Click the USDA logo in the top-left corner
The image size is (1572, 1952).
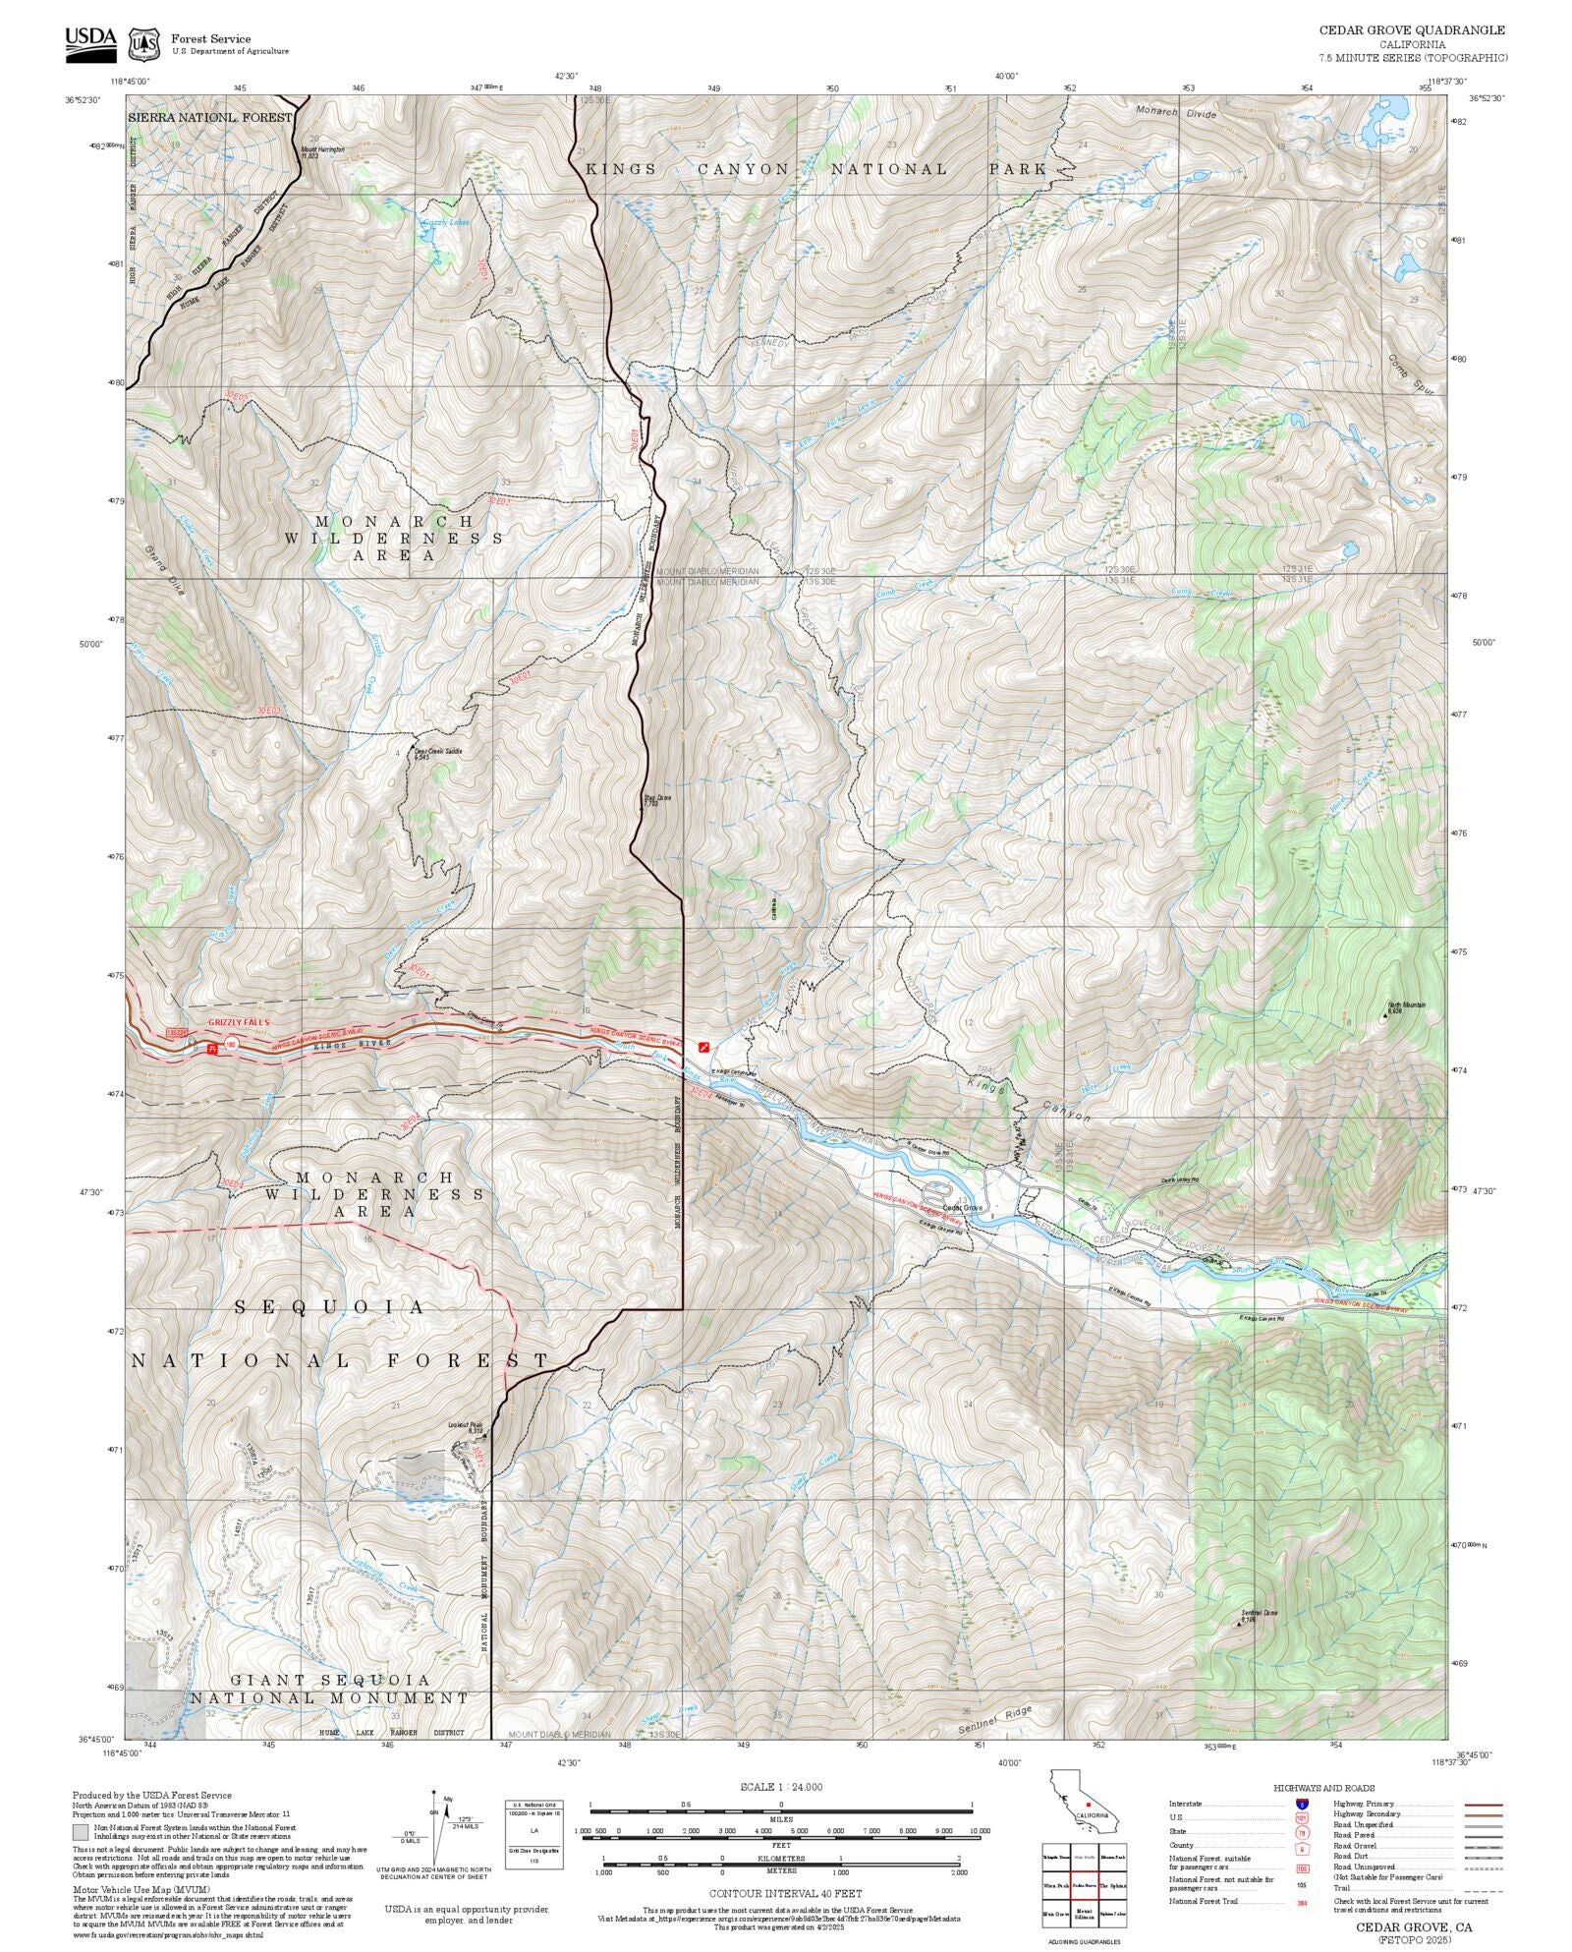tap(90, 44)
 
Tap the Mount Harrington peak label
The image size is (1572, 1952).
tap(323, 152)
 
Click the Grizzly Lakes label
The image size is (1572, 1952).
tap(445, 222)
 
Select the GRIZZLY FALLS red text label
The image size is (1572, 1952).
tap(238, 1022)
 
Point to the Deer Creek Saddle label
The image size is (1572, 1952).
tap(437, 753)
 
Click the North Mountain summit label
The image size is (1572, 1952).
tap(1405, 1005)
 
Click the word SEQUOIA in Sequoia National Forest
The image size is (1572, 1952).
tap(330, 1307)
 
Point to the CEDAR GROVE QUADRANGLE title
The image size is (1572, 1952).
tap(1411, 30)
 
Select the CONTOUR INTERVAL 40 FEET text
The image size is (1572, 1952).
tap(785, 1892)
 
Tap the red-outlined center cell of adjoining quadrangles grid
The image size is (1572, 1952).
tap(1084, 1885)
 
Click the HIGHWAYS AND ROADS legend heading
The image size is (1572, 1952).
tap(1323, 1788)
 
